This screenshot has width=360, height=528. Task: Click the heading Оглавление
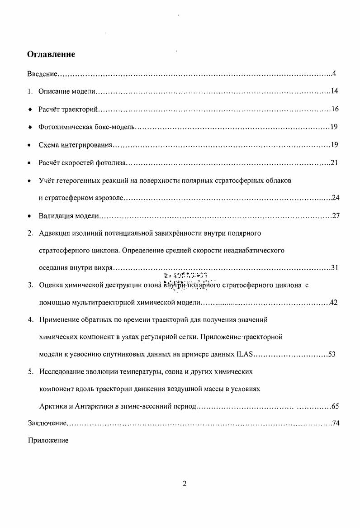pos(51,54)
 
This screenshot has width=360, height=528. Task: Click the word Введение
pos(42,74)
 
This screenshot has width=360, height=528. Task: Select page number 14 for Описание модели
pos(335,92)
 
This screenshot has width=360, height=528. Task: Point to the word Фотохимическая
pos(62,127)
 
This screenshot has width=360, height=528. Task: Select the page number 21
pos(334,163)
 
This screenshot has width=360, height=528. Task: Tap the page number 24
pos(336,198)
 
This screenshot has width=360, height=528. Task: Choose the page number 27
pos(336,216)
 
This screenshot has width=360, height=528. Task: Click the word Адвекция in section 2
pos(55,233)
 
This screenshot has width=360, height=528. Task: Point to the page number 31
pos(335,268)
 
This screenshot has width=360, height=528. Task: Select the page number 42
pos(333,303)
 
